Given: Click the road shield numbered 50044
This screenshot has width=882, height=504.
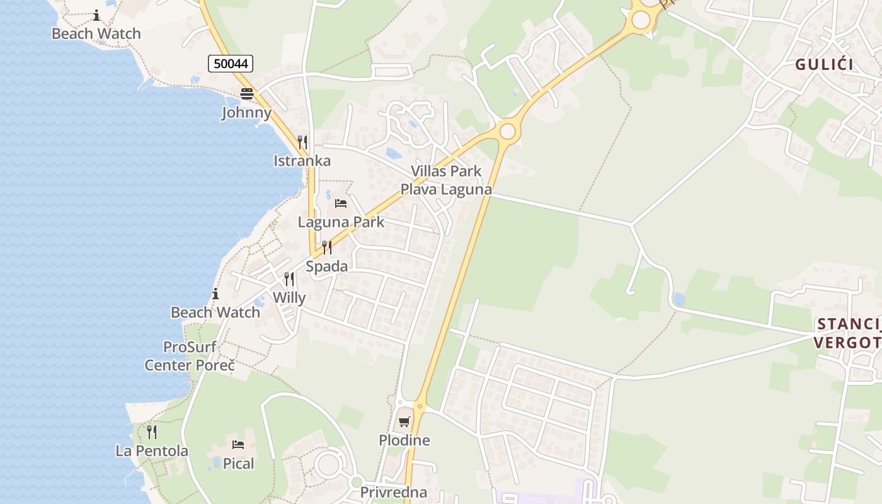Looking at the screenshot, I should coord(231,63).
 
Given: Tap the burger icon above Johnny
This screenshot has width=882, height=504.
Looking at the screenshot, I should coord(246,94).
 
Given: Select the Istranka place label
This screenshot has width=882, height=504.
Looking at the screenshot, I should coord(302,161).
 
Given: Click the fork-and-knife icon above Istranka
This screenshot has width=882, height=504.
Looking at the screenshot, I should coord(302,142).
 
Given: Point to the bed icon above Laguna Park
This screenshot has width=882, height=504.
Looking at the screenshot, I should coord(341,203).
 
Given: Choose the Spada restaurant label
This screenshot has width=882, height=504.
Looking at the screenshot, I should coord(327,266).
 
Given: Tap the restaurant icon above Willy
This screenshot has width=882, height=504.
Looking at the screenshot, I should coord(289,278).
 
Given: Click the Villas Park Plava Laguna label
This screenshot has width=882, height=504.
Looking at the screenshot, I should coord(446,180).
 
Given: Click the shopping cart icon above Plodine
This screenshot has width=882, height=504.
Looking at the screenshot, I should coord(404,421).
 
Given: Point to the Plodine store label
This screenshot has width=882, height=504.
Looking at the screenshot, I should coord(404,440).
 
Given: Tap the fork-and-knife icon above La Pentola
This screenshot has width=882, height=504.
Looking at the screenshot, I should coord(152,432).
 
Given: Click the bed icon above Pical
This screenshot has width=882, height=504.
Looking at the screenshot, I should coord(238,445).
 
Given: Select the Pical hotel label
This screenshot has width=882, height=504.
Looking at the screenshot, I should coord(239,464).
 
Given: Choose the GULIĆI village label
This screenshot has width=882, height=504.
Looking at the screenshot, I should coord(824,64).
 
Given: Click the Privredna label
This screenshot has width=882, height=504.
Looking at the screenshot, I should coord(394,492).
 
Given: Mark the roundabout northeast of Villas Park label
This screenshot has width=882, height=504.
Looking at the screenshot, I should coord(507,132).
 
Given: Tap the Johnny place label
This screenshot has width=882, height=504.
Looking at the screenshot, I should coord(246,113).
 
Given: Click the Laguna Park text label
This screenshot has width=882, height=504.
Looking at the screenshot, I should coord(341,222).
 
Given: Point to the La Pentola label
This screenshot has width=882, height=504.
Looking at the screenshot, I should coord(152,451).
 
